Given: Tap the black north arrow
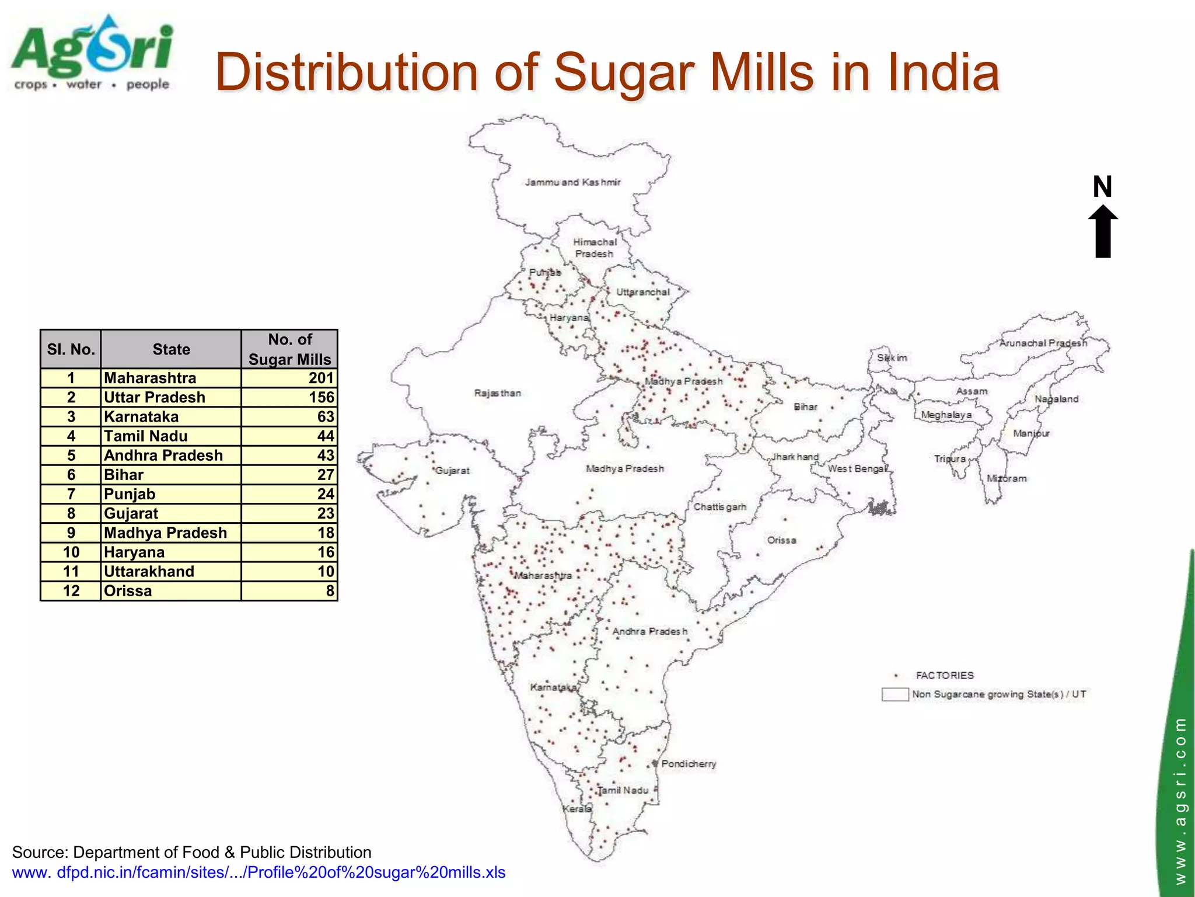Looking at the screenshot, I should tap(1103, 232).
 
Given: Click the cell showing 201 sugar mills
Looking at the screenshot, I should tap(289, 378).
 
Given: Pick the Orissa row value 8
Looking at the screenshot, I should tap(289, 590).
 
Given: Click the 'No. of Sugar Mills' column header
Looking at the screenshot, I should tap(289, 349).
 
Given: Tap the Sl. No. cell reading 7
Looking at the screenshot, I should tap(71, 494).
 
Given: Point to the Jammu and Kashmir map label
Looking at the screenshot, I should tap(572, 182).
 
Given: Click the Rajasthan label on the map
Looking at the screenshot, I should tap(497, 393).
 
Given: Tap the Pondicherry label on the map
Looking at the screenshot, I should tap(688, 764).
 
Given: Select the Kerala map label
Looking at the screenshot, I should tap(576, 809).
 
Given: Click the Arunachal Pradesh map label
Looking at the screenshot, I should tap(1043, 343).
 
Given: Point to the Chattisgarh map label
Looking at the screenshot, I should tap(719, 507).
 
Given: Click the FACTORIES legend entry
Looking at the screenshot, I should tap(944, 676).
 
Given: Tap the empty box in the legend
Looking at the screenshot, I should tap(894, 694).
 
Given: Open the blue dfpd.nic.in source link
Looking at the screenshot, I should tap(258, 872).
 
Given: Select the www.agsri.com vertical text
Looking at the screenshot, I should tap(1180, 800).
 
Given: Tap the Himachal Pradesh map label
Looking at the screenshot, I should tap(595, 248).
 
